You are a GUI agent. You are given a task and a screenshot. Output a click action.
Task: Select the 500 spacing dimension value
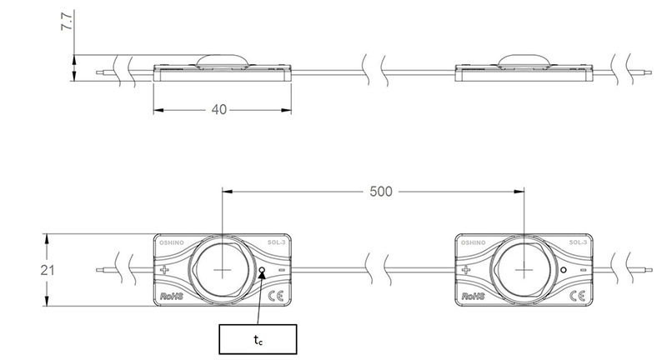click(380, 191)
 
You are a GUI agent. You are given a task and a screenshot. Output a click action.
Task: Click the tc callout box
click(257, 338)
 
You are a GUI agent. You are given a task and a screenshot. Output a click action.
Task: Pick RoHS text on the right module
click(473, 295)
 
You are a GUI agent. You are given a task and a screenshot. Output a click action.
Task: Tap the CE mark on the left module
click(275, 294)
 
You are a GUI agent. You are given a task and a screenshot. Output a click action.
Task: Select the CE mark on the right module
click(576, 294)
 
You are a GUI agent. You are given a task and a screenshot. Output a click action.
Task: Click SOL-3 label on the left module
click(276, 243)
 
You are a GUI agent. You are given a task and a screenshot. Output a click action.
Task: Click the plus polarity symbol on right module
click(466, 270)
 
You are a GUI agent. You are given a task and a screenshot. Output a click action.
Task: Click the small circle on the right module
click(564, 270)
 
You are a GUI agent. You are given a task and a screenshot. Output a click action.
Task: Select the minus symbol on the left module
click(281, 270)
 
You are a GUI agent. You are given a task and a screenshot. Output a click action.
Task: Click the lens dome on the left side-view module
click(223, 61)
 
